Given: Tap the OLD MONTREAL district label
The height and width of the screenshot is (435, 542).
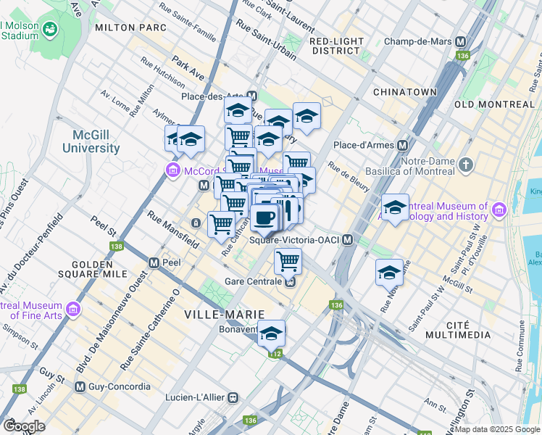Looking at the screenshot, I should point(494,104).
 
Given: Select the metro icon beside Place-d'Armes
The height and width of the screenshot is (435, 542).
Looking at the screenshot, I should point(401,145).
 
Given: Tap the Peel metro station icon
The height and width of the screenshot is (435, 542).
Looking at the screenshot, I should point(154,262).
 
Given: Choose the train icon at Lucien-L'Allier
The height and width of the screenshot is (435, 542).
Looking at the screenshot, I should point(233,397).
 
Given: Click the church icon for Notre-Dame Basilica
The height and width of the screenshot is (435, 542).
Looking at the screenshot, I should point(465,164).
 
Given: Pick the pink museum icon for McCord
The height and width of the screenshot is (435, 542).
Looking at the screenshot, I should point(172,171).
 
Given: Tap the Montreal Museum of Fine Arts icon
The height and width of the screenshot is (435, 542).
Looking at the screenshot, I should point(72,310).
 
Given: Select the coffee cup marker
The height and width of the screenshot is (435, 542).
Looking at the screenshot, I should point(264,217).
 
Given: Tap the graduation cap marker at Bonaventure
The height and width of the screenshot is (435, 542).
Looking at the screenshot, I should point(272,333).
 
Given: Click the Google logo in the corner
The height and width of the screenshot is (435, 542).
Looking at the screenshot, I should point(24,426).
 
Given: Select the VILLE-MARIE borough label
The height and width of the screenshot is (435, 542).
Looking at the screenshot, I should point(220,314).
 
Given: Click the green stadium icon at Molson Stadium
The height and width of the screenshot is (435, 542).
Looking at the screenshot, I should point(50,30).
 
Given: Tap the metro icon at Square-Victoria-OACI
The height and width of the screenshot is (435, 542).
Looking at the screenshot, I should point(348,240).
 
